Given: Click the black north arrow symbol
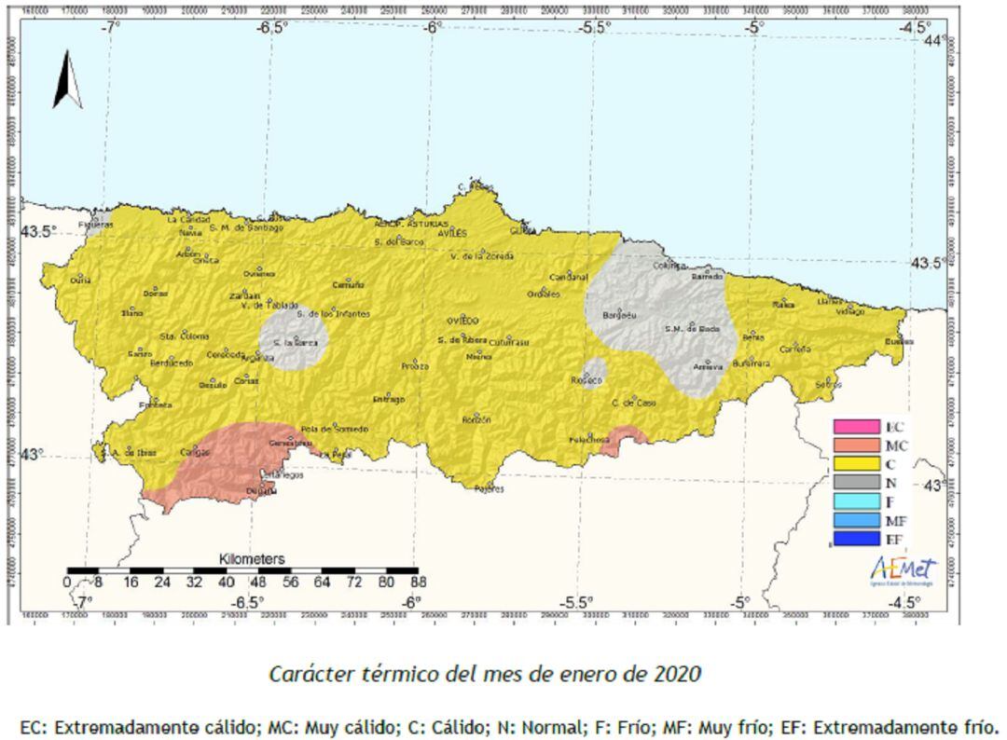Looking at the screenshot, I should click(67, 80).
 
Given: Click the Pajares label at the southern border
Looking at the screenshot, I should click(489, 487).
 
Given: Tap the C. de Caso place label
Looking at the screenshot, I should click(629, 403).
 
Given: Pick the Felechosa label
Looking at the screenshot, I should click(589, 439).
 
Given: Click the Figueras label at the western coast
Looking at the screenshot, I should click(96, 225).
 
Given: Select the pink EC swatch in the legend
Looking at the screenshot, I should click(856, 427).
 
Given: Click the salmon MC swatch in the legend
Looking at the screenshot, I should click(856, 445).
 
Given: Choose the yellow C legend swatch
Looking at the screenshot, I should click(856, 464).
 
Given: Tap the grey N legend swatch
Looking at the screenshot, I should click(856, 483).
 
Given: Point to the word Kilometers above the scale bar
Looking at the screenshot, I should click(252, 559).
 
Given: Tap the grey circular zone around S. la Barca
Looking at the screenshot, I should click(293, 341).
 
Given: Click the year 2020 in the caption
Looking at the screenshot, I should click(677, 673).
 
